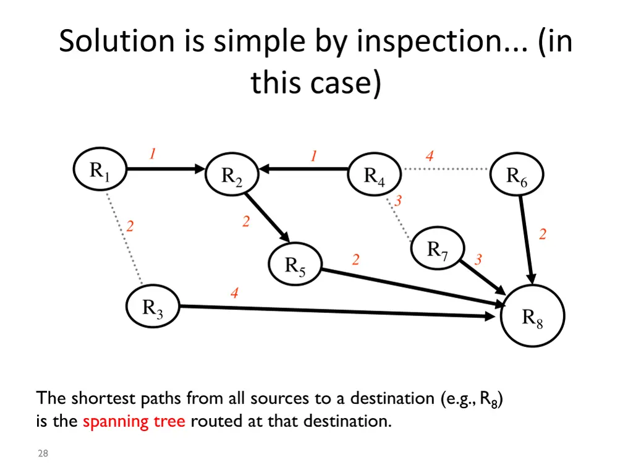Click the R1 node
(100, 170)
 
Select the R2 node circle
(232, 177)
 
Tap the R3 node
(153, 307)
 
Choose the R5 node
(295, 265)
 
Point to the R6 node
(517, 176)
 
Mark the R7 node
(438, 250)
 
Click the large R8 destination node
(532, 316)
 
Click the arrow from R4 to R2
(303, 168)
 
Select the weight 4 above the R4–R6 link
(430, 156)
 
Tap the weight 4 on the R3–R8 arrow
(234, 293)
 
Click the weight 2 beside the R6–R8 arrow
(543, 234)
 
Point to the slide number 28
(43, 454)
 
